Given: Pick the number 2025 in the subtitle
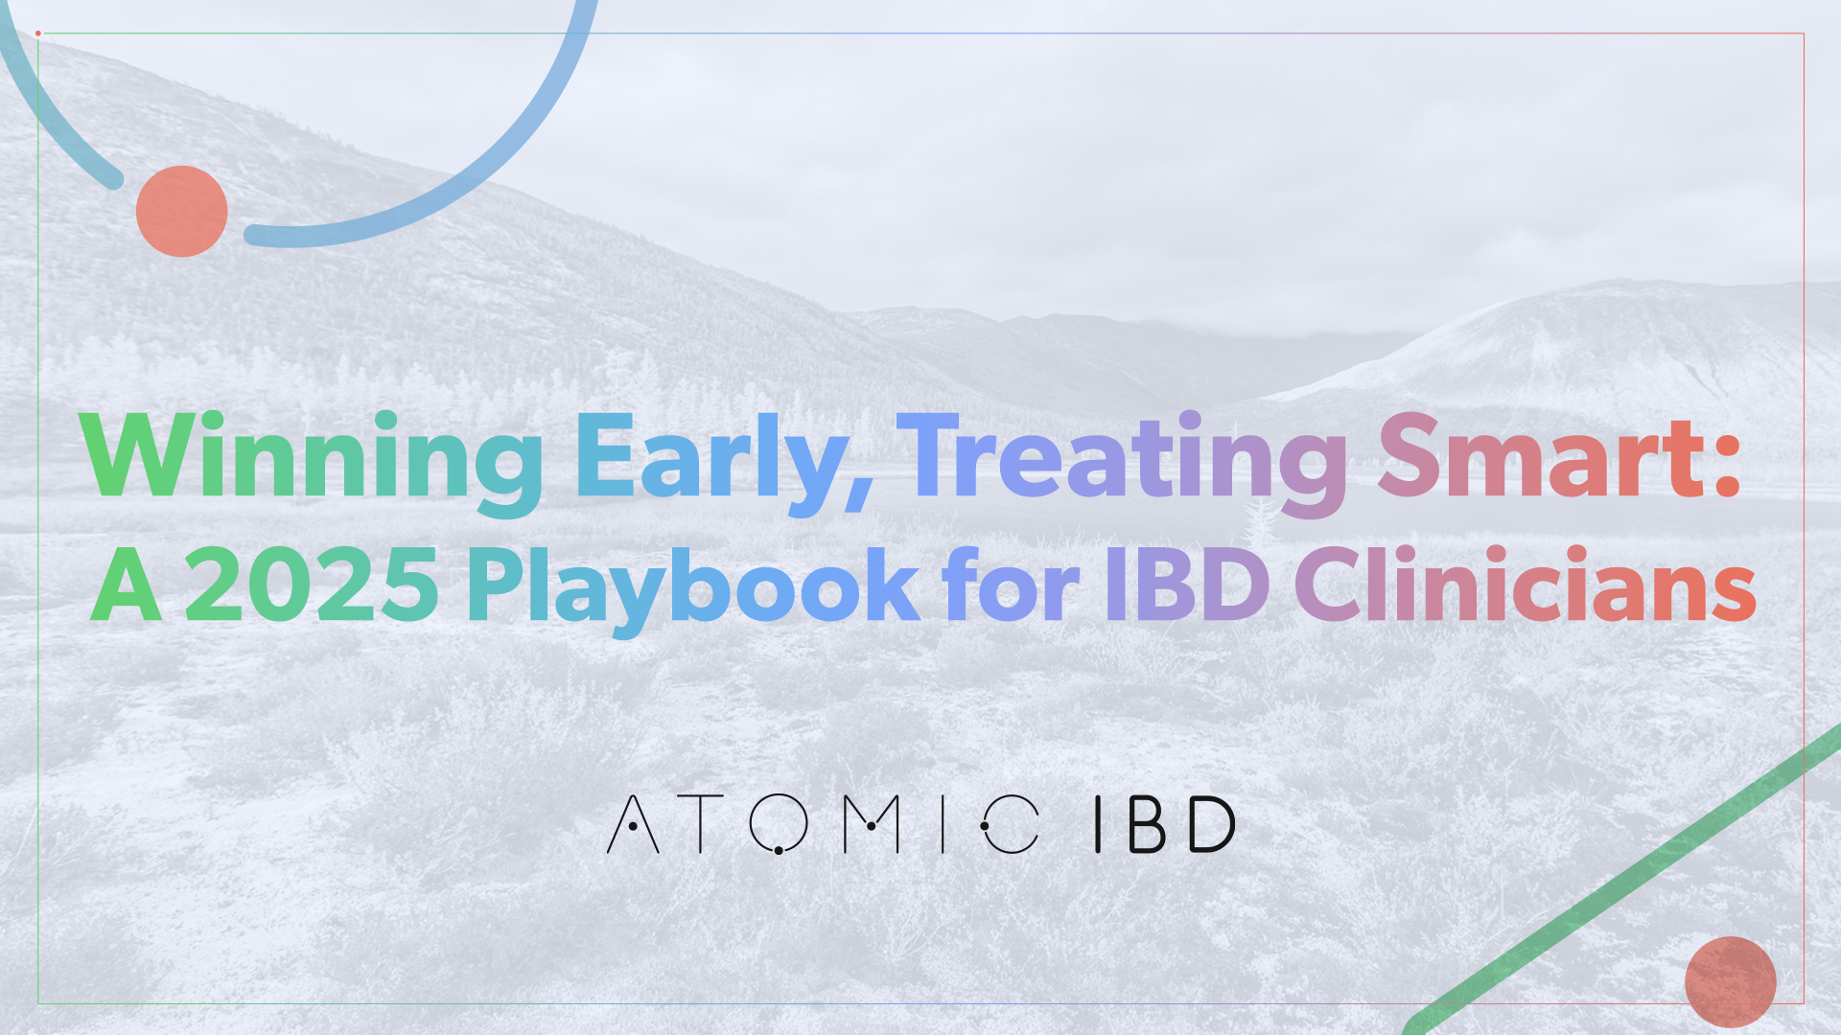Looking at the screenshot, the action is [x=311, y=584].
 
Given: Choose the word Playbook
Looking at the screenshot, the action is [x=693, y=587].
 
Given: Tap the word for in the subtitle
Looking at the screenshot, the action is [x=1011, y=582].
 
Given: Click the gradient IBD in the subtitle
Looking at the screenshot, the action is [x=1188, y=584].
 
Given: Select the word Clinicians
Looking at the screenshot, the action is [x=1526, y=582].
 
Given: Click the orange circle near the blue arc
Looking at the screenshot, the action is [x=181, y=211].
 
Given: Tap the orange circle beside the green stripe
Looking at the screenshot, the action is [x=1731, y=982].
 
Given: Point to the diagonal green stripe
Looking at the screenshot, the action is [x=1620, y=880].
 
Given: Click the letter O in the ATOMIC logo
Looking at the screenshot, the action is [x=779, y=824].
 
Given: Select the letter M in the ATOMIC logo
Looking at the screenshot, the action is [x=871, y=824].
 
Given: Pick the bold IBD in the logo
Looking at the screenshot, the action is [x=1165, y=824].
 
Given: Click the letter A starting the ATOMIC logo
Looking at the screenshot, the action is [x=633, y=824].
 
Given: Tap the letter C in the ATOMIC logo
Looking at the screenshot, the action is [x=1011, y=824].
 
